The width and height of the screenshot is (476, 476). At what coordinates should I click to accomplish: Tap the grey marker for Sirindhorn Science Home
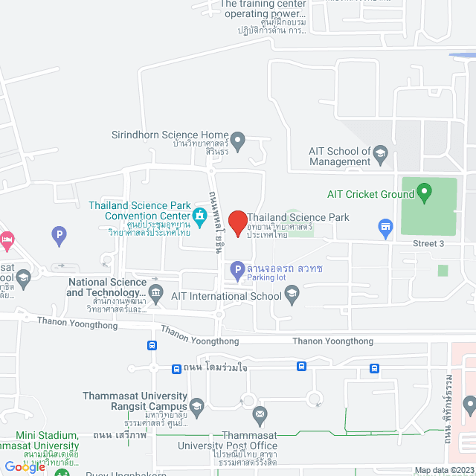237,139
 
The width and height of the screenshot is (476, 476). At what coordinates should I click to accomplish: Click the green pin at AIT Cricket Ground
425,193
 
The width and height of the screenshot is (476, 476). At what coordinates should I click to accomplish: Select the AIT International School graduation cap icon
292,296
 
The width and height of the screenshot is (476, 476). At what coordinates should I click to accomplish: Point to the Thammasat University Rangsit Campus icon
196,406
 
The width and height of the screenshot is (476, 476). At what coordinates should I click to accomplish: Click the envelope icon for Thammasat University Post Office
260,414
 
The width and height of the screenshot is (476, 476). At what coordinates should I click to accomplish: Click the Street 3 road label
428,244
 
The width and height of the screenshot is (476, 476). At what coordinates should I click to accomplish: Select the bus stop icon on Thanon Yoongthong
152,346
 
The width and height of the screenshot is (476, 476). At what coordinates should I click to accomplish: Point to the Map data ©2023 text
443,470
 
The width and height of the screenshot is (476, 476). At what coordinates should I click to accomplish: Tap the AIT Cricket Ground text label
370,194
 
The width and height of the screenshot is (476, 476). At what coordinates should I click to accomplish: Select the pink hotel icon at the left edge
7,239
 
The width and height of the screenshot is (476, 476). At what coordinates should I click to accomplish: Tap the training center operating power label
263,8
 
